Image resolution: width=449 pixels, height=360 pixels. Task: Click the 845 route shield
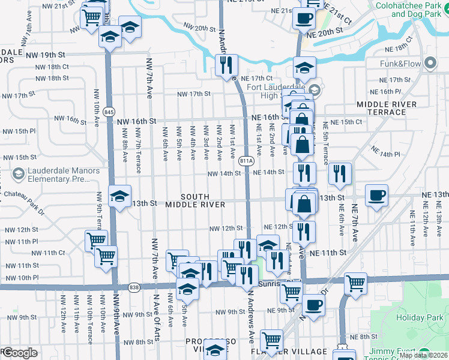[x=109, y=112]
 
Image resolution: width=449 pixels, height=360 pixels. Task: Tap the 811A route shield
[x=246, y=161]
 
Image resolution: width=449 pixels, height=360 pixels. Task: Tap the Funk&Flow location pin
[x=430, y=63]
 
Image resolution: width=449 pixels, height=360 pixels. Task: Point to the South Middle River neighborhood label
[x=195, y=200]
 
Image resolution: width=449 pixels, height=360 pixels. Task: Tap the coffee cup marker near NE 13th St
[x=376, y=195]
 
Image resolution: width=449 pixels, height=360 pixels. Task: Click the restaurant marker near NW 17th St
[x=226, y=65]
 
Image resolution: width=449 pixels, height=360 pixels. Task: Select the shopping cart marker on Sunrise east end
[x=355, y=283]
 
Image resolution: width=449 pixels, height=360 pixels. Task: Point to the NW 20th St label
[x=199, y=28]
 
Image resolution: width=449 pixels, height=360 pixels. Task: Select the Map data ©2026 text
[x=424, y=355]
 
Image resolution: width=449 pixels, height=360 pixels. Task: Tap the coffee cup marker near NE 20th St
[x=304, y=17]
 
